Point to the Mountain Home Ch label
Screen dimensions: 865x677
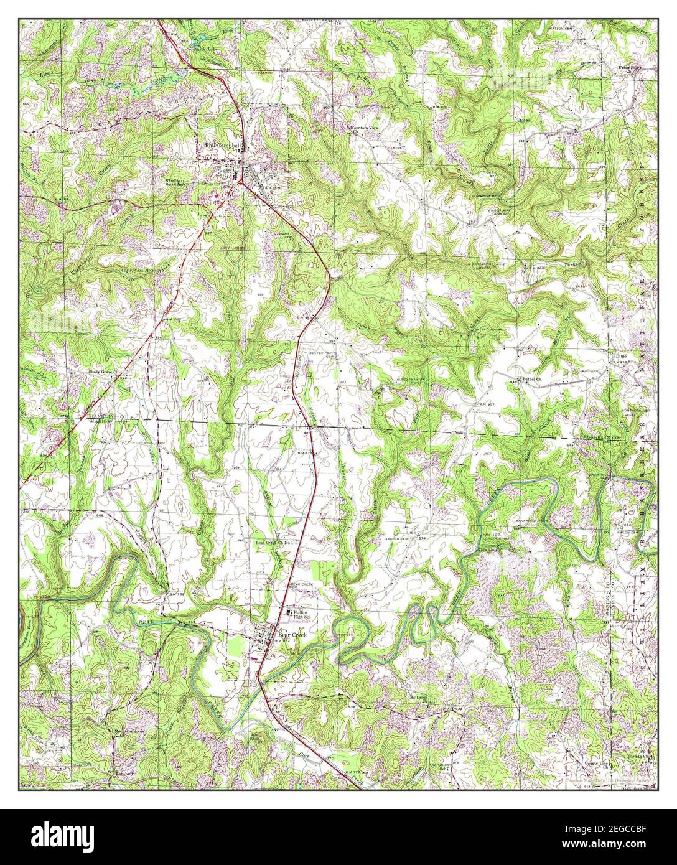click(128, 731)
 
